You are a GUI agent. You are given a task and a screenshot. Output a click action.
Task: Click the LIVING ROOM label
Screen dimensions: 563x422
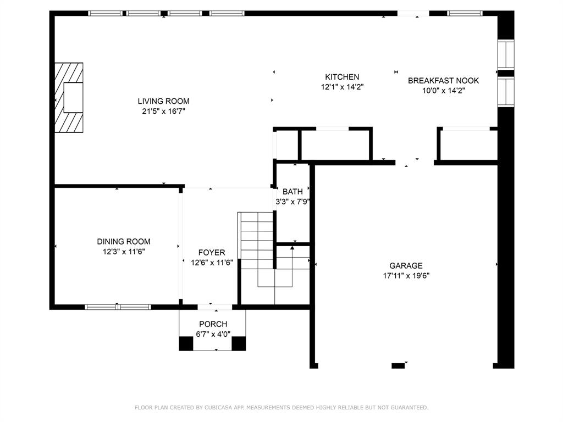tap(163, 101)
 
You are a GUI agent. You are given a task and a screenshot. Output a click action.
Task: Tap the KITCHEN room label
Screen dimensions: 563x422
tap(342, 77)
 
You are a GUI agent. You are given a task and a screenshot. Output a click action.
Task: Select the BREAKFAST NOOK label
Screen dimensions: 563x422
tap(444, 80)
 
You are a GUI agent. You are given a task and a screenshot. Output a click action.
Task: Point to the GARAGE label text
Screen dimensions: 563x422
tap(406, 265)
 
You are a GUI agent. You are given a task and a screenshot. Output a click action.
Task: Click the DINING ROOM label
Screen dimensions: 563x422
tap(124, 242)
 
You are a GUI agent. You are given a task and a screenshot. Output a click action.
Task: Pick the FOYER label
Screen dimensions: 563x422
tap(212, 253)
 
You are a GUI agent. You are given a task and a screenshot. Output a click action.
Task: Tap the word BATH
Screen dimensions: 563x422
tap(292, 192)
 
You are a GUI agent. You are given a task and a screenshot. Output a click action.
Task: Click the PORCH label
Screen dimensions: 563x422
tap(213, 324)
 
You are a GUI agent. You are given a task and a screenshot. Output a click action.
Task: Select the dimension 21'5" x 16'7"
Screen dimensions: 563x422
tap(163, 111)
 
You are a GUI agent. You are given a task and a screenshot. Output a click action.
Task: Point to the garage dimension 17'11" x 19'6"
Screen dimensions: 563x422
tap(406, 276)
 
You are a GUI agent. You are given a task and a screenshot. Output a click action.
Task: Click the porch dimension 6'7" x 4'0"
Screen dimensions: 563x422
tap(213, 334)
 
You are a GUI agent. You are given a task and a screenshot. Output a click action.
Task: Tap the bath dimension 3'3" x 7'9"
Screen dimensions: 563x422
tap(292, 202)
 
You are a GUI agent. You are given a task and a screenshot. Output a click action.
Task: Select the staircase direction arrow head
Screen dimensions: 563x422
tap(292, 248)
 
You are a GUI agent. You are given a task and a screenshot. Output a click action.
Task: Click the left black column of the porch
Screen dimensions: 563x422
tap(186, 343)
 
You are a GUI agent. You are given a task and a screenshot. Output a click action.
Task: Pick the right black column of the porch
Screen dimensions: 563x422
tap(239, 343)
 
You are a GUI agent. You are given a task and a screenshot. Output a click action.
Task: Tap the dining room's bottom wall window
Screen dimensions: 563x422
tap(118, 307)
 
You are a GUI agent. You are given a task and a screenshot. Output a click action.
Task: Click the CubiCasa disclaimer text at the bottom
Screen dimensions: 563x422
tap(281, 407)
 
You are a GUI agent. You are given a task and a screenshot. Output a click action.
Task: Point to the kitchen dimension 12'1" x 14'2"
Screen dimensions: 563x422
tap(342, 87)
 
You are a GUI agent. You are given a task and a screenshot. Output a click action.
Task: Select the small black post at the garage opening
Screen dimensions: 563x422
tap(398, 365)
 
